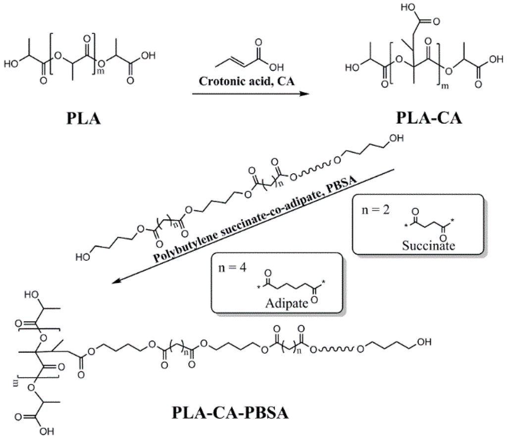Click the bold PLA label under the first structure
tap(84, 119)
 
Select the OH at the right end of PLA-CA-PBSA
tap(425, 342)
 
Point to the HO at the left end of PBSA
tap(83, 257)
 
